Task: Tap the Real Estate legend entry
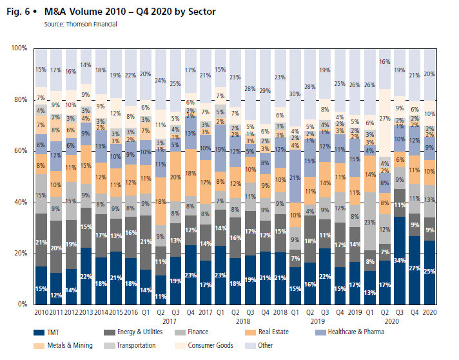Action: [x=274, y=332]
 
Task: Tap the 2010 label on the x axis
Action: [x=41, y=312]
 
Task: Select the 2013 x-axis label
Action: [x=86, y=312]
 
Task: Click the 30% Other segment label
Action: [x=295, y=94]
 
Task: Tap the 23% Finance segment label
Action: [x=370, y=222]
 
